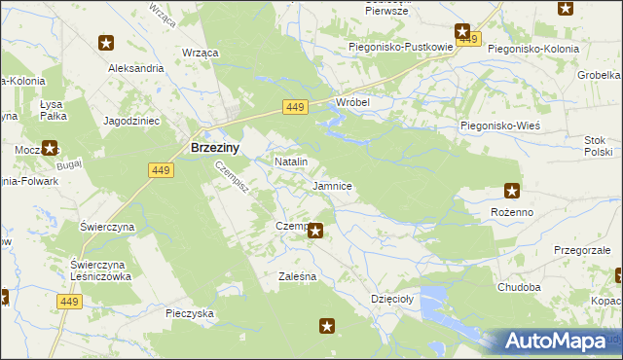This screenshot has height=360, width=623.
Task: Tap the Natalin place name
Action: (291, 162)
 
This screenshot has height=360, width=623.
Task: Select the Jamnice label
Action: (332, 185)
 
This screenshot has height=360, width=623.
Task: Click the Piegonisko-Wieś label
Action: (499, 126)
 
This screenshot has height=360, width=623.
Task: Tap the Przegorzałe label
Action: (581, 250)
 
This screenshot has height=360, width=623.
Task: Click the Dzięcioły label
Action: (392, 300)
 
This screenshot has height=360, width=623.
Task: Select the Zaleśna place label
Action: (297, 276)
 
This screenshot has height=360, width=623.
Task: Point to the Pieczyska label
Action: (189, 313)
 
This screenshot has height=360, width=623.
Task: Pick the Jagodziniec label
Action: (131, 120)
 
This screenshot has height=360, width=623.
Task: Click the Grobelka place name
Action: (600, 75)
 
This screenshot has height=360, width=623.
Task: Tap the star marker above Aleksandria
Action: (106, 43)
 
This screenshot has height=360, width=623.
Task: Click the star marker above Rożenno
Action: (512, 191)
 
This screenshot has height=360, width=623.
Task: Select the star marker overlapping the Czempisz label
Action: (315, 231)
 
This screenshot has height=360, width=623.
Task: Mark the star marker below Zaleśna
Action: (328, 327)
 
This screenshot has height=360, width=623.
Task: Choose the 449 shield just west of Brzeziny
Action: (161, 170)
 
